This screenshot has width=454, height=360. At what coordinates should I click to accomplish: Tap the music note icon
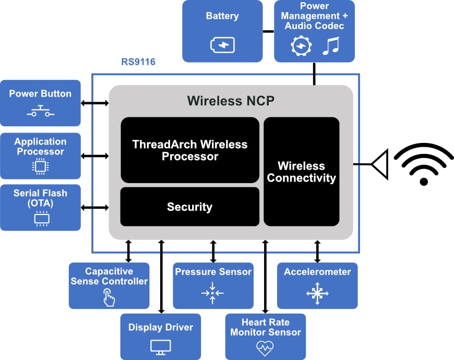click(330, 46)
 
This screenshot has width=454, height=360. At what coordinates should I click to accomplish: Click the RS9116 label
click(138, 62)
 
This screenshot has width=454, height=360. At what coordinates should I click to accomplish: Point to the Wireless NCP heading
click(231, 101)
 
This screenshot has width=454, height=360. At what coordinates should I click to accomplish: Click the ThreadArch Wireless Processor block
click(190, 150)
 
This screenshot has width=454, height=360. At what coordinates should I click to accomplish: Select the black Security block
click(190, 207)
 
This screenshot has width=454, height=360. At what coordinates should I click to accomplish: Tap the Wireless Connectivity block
click(301, 172)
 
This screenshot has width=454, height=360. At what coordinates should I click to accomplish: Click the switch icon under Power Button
click(40, 112)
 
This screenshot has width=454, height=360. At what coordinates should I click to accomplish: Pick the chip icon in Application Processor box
click(40, 166)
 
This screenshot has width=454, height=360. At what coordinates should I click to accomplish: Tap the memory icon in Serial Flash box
click(41, 219)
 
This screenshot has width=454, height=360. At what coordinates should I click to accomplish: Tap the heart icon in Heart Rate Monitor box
click(265, 346)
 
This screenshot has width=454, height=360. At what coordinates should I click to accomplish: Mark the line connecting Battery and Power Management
click(268, 31)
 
